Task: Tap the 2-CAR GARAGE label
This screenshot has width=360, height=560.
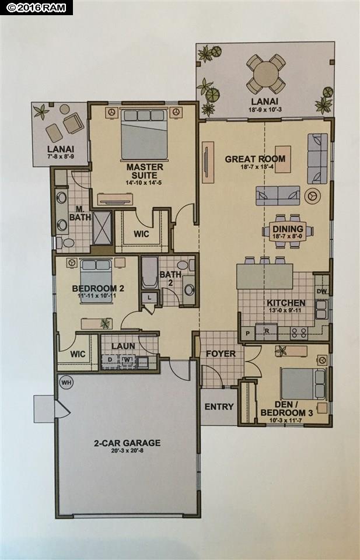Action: click(x=127, y=443)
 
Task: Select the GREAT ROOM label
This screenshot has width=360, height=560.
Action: click(x=255, y=159)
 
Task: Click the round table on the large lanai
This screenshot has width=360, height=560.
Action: click(x=266, y=74)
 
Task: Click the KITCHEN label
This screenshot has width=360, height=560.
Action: click(x=286, y=303)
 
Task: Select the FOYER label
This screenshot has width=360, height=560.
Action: click(x=221, y=353)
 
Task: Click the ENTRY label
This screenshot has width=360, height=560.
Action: click(x=219, y=407)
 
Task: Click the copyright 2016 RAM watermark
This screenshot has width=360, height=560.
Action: click(x=36, y=8)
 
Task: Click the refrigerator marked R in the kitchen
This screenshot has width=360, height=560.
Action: click(x=267, y=331)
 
